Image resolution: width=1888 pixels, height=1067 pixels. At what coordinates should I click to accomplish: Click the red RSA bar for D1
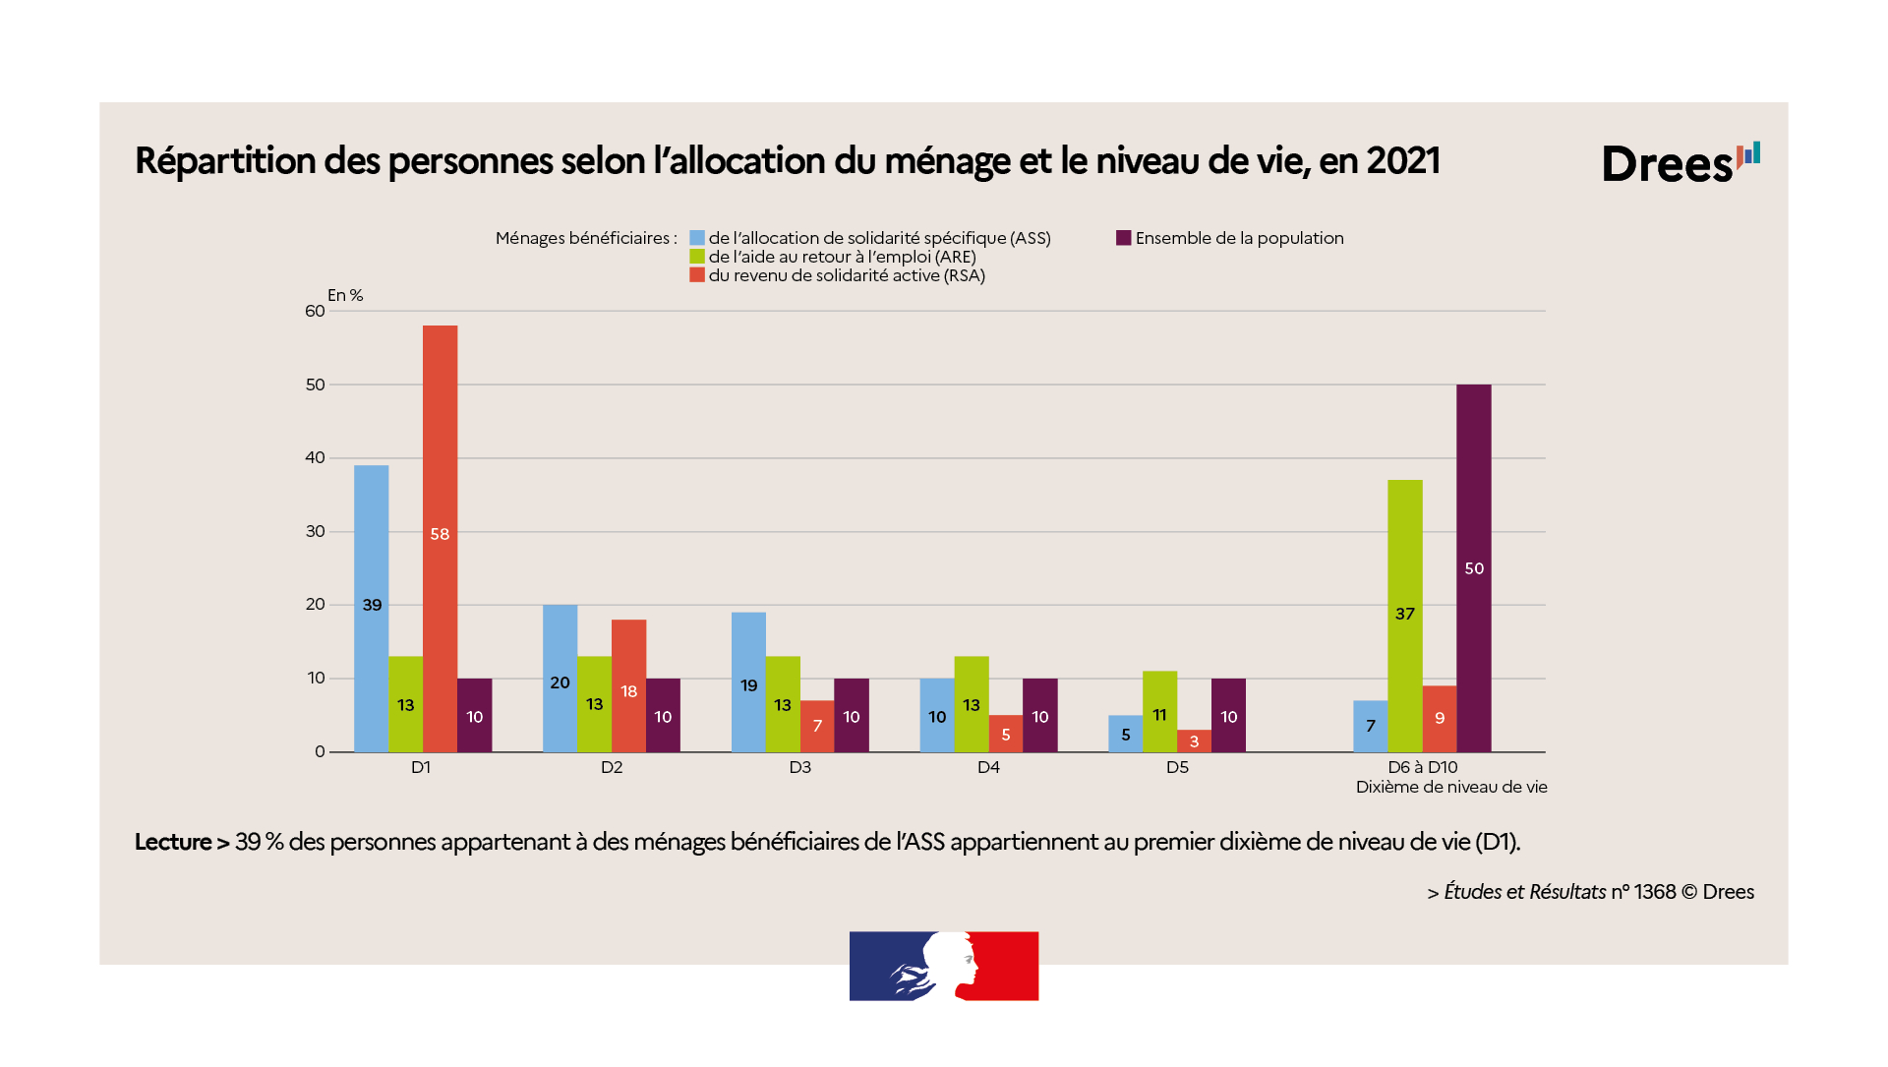point(440,538)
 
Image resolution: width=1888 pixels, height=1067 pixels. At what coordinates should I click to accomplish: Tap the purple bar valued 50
point(1473,567)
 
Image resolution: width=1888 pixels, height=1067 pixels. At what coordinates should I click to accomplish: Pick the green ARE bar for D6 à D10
point(1404,616)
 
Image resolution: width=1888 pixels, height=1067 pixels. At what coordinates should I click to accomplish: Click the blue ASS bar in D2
point(560,679)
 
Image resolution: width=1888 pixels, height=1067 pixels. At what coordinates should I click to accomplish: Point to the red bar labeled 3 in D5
point(1194,741)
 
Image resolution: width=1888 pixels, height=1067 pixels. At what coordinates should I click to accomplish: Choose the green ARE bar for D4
point(972,704)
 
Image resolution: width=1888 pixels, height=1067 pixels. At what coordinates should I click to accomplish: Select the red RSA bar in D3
point(817,726)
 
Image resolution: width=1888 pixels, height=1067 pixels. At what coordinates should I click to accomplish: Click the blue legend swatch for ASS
point(697,238)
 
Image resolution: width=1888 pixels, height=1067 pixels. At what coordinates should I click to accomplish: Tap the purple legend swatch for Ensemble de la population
point(1123,238)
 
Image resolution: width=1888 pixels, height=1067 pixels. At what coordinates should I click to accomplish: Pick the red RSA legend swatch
point(697,275)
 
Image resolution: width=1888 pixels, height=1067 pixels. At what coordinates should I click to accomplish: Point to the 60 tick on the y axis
point(315,311)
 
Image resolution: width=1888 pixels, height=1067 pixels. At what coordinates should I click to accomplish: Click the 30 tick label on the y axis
point(315,531)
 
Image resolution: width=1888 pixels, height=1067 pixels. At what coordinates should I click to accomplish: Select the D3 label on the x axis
point(799,767)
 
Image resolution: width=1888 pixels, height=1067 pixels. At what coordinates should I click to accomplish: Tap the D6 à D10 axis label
point(1422,767)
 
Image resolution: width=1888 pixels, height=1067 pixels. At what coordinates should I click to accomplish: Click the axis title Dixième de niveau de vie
point(1450,787)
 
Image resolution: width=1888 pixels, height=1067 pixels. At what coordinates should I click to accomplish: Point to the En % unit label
point(345,295)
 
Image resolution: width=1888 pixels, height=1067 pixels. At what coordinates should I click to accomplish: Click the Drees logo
point(1680,162)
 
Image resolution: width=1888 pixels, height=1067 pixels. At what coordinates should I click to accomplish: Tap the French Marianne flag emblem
point(944,966)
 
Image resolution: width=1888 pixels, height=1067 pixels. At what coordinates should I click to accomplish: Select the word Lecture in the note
point(173,842)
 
